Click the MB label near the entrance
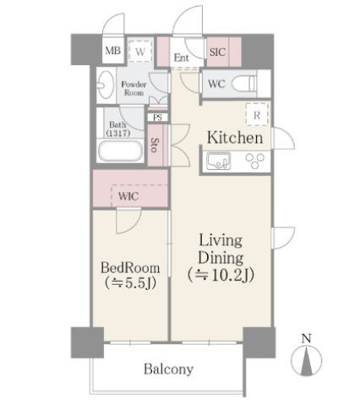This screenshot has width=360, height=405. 113,51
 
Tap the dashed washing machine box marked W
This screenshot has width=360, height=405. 140,51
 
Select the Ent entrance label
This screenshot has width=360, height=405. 182,57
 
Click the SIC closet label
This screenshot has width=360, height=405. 217,52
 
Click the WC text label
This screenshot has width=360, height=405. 216,84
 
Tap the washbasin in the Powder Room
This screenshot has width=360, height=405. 106,85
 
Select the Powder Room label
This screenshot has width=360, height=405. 134,89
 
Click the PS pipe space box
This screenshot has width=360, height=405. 158,118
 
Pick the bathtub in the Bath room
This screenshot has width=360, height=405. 120,151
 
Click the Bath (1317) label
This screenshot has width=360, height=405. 118,129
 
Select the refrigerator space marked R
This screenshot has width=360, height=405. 257,114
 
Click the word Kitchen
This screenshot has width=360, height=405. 235,138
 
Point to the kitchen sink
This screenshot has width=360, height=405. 218,161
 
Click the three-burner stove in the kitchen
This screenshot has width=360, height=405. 255,161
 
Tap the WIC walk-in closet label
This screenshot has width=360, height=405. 128,196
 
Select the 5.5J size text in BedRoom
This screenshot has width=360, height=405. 130,282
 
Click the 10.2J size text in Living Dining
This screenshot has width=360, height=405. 221,275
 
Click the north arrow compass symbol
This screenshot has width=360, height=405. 307,360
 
